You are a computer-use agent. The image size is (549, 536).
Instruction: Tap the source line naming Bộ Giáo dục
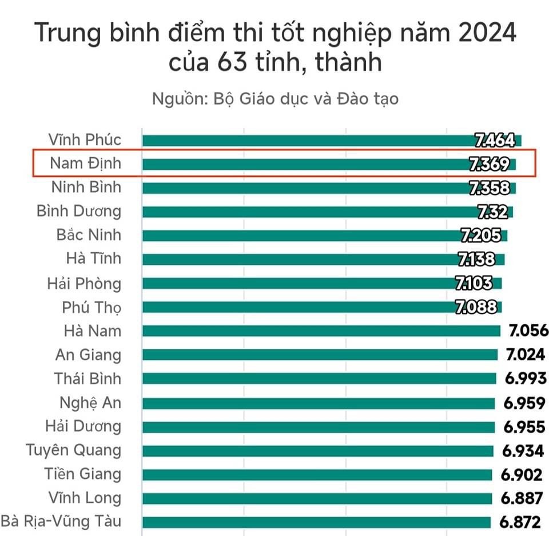(275, 98)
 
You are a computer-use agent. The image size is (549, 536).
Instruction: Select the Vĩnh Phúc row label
(85, 140)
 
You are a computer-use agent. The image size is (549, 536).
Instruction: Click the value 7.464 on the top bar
(495, 140)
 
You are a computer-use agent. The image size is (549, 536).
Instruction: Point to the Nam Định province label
(86, 164)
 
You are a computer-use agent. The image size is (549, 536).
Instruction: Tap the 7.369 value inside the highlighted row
(489, 164)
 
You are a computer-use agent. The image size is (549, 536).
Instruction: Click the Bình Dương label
(79, 211)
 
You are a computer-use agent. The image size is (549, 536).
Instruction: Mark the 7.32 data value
(492, 212)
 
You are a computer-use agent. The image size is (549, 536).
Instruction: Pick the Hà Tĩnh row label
(94, 259)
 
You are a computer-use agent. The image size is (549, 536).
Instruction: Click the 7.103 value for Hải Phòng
(478, 283)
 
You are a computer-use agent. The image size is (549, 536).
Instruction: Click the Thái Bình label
(88, 379)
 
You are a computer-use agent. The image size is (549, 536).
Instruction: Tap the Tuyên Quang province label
(74, 450)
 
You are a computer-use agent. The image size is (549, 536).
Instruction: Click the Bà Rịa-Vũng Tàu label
(61, 522)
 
